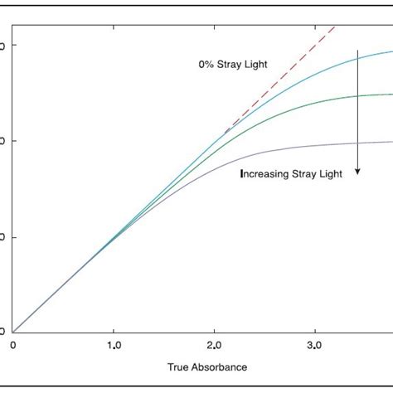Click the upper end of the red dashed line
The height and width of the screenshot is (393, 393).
click(x=337, y=26)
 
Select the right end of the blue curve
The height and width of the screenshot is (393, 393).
click(x=392, y=51)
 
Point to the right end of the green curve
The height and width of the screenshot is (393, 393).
click(x=392, y=95)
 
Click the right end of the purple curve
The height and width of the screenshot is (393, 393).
click(x=392, y=141)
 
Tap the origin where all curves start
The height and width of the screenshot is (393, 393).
click(x=13, y=332)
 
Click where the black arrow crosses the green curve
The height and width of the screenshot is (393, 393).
click(x=358, y=95)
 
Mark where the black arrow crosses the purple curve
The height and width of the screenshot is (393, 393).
click(x=358, y=143)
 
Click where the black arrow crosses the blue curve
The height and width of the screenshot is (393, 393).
click(x=358, y=56)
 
